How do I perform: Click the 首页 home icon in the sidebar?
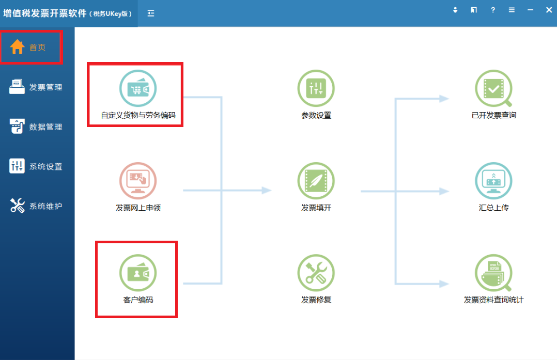pyautogui.click(x=18, y=47)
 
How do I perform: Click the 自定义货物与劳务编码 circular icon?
pyautogui.click(x=138, y=89)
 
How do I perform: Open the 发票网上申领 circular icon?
pyautogui.click(x=138, y=181)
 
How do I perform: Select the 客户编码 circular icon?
pyautogui.click(x=138, y=273)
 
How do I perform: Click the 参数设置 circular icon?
pyautogui.click(x=316, y=89)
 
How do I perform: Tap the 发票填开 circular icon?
pyautogui.click(x=316, y=181)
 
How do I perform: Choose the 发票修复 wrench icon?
pyautogui.click(x=316, y=273)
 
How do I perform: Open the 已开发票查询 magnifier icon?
pyautogui.click(x=493, y=89)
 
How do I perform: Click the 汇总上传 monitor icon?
pyautogui.click(x=493, y=181)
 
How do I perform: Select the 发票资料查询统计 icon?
pyautogui.click(x=493, y=273)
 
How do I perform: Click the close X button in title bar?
pyautogui.click(x=549, y=10)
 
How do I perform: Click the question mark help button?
pyautogui.click(x=493, y=10)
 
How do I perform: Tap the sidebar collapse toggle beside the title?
pyautogui.click(x=151, y=13)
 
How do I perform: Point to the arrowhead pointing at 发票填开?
pyautogui.click(x=267, y=191)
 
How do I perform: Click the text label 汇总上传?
pyautogui.click(x=493, y=208)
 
